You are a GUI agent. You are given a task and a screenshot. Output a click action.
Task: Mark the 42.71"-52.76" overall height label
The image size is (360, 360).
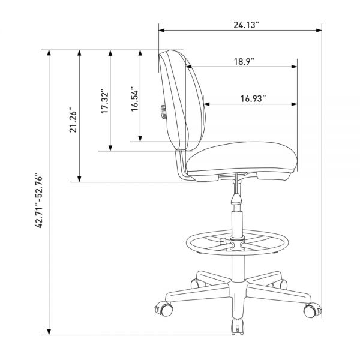40,200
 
